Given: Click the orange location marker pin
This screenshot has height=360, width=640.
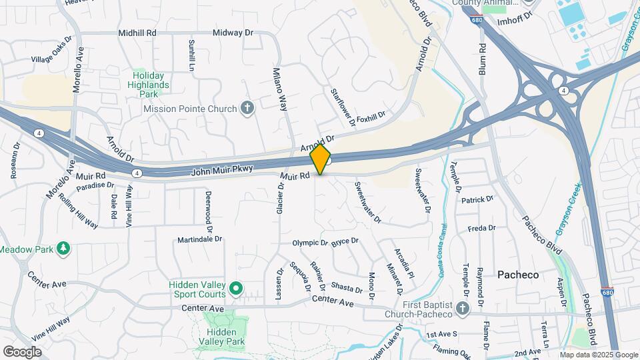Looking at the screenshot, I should coord(320,159).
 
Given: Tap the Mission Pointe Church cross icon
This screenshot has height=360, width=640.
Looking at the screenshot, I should coord(247,109).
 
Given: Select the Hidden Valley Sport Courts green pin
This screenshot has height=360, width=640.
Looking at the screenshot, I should coord(235,289).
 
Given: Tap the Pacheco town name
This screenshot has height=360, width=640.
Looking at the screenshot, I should coord(518,275).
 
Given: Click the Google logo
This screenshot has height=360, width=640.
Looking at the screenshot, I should coord(22,351).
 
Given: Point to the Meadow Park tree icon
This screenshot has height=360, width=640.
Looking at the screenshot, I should coord(64,249).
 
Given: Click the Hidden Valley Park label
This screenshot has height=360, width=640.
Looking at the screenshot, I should coord(225,337).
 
